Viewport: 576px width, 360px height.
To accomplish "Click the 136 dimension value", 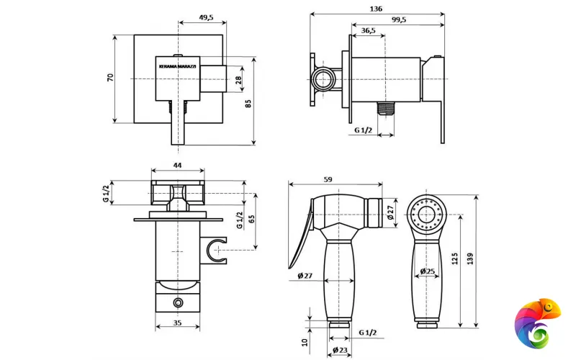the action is pyautogui.click(x=376, y=9).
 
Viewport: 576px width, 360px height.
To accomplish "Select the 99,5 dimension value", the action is pyautogui.click(x=399, y=20).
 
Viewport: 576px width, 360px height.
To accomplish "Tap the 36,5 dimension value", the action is pyautogui.click(x=368, y=30).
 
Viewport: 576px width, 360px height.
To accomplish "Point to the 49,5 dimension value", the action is pyautogui.click(x=206, y=17).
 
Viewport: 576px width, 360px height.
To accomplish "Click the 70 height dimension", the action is pyautogui.click(x=111, y=78).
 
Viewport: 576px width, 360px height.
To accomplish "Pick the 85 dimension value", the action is pyautogui.click(x=248, y=104).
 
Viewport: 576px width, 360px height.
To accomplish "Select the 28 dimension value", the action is pyautogui.click(x=238, y=80).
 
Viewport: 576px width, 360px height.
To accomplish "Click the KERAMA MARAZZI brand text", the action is pyautogui.click(x=177, y=66).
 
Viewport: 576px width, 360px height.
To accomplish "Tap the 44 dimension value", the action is pyautogui.click(x=177, y=166).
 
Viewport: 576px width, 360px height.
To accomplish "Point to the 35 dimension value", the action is pyautogui.click(x=177, y=323).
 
